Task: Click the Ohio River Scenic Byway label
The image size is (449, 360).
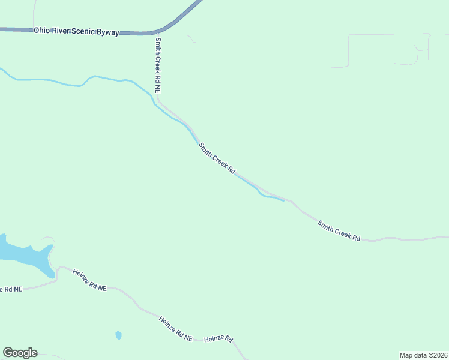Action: [77, 30]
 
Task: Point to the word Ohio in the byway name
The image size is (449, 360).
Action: [42, 29]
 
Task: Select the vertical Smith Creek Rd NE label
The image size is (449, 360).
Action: [158, 65]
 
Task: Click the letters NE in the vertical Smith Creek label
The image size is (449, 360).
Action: [158, 88]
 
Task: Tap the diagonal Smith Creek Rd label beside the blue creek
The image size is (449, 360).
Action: [217, 157]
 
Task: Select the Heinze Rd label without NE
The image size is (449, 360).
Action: [218, 339]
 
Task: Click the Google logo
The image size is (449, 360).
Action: [20, 353]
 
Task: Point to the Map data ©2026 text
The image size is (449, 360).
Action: [423, 355]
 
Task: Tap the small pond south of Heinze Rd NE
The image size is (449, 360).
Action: [118, 335]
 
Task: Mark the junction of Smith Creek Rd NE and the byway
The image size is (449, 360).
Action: [157, 33]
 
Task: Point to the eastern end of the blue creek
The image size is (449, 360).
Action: [283, 200]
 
